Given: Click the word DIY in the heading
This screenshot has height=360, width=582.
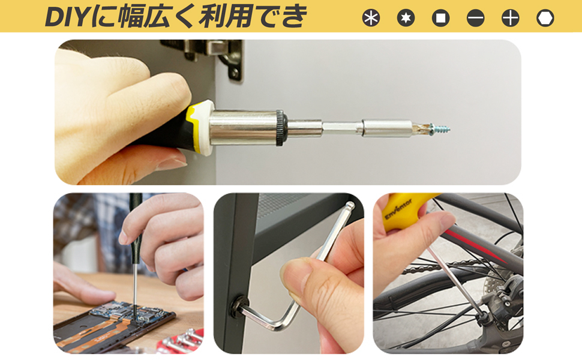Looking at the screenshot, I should [67, 17].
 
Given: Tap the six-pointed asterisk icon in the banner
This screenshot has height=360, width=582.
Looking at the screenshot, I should [371, 18].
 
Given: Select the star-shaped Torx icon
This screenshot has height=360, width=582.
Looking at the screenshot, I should [406, 18].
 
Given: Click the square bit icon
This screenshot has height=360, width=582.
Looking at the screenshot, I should [440, 18].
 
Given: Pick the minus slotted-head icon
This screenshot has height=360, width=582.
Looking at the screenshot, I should [475, 18].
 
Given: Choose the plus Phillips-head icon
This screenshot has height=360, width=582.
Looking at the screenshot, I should [510, 18].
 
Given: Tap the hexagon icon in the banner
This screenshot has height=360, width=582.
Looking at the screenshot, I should [545, 18].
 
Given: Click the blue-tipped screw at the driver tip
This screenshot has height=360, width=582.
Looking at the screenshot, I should [441, 128].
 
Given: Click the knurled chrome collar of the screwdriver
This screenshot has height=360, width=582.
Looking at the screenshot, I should [279, 127].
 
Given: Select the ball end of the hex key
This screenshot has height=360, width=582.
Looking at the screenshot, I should [350, 206].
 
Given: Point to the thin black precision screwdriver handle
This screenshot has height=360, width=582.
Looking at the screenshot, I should [136, 207].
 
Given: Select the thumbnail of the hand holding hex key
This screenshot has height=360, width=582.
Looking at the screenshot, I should [289, 273].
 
